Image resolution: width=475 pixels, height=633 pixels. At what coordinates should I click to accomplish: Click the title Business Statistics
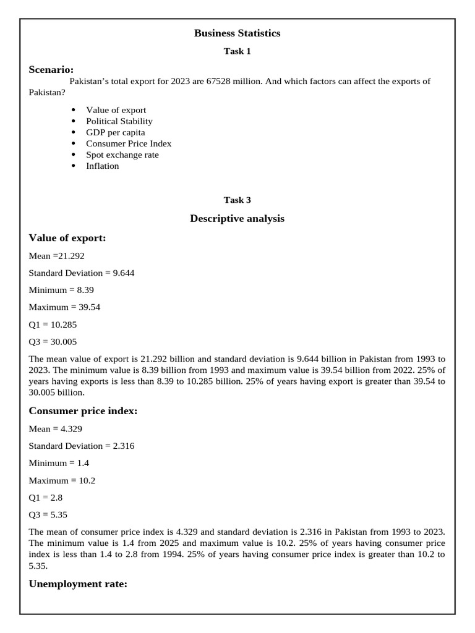coord(237,33)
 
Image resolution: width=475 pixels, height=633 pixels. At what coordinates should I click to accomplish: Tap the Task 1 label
coord(237,51)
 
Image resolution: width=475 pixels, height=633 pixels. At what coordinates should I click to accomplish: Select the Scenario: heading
coord(51,70)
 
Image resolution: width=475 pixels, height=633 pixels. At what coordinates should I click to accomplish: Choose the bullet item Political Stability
coord(119,121)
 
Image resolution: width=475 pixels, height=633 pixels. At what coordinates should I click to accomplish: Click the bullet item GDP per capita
coord(116,132)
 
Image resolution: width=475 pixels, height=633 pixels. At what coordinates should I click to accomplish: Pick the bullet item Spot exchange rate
coord(122,155)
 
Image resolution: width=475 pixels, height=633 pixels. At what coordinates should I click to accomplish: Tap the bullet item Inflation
coord(103,166)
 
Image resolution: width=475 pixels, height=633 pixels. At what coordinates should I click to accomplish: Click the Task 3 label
coord(237,200)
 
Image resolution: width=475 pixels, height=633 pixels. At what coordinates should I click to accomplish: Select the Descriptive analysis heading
coord(237,219)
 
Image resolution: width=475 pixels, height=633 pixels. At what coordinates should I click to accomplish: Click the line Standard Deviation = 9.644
coord(81,273)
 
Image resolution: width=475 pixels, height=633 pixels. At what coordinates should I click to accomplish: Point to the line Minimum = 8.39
coord(61,290)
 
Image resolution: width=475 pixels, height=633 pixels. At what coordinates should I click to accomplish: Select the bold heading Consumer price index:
coord(83,411)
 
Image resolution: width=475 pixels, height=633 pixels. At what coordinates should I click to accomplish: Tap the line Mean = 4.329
coord(56,428)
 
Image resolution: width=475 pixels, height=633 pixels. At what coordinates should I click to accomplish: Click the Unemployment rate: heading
coord(78,584)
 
